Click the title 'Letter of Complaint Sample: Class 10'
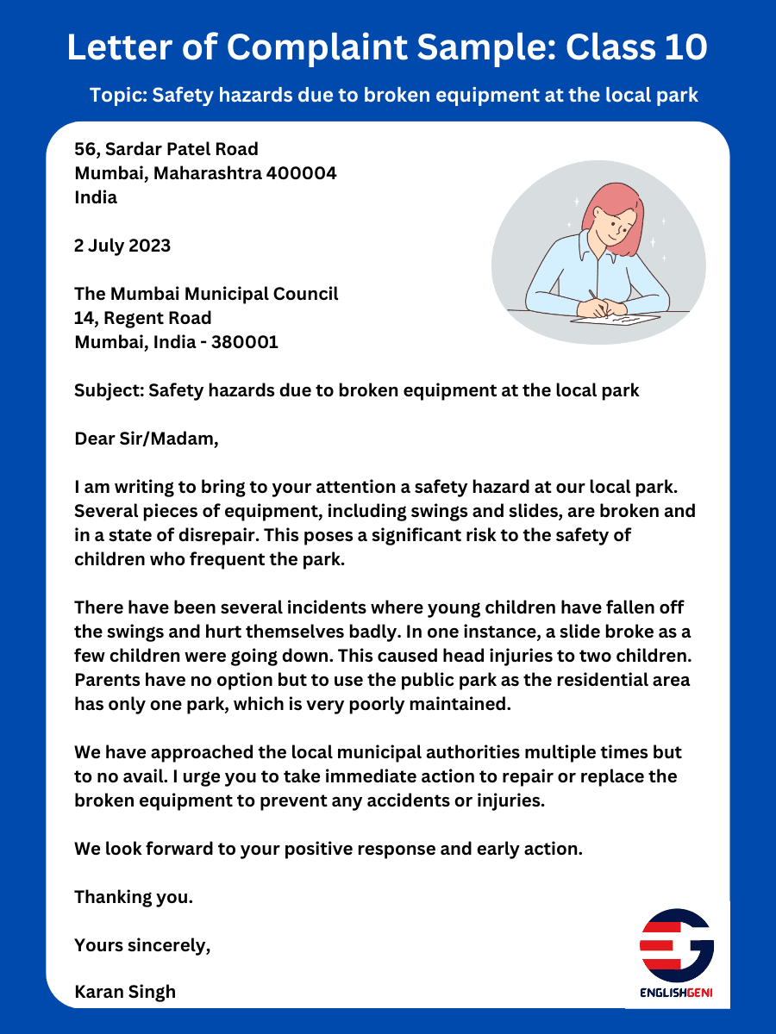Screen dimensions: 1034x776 click(x=387, y=47)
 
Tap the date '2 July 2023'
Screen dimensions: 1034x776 click(x=122, y=246)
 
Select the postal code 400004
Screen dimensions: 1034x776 click(x=302, y=173)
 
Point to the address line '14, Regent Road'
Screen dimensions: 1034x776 click(x=143, y=318)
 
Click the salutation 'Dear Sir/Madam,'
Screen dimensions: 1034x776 click(x=147, y=439)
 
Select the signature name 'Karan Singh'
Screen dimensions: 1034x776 click(x=125, y=992)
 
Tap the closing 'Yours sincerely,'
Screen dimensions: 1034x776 click(x=142, y=945)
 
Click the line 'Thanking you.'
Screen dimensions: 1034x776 click(x=134, y=897)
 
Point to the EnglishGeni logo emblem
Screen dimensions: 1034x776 click(x=676, y=945)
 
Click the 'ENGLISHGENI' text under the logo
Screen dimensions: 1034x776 click(x=676, y=994)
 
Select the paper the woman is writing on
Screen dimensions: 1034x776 click(x=616, y=320)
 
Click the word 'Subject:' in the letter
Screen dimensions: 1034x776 click(x=109, y=390)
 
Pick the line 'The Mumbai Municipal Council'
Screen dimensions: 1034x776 click(x=206, y=294)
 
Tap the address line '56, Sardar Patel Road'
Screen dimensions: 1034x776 click(x=166, y=149)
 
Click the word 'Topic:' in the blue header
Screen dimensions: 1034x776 click(x=119, y=95)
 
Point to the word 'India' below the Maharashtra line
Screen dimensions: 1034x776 click(x=96, y=197)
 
